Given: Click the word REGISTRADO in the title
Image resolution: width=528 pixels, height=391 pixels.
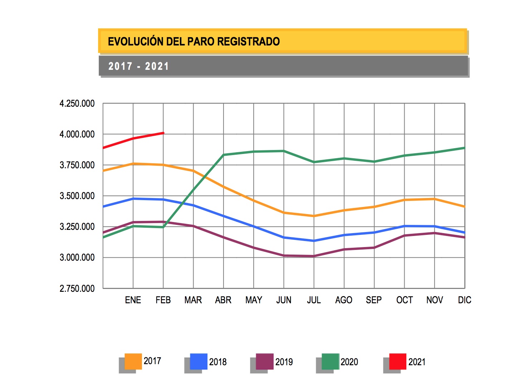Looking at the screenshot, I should [248, 42].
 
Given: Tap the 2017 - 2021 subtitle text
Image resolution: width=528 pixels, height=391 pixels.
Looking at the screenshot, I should [138, 66].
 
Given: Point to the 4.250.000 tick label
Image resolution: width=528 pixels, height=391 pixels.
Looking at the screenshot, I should [77, 104].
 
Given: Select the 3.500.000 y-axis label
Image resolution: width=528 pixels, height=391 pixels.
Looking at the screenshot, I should [77, 196].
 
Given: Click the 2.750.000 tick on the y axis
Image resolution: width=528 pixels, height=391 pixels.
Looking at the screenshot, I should [77, 289].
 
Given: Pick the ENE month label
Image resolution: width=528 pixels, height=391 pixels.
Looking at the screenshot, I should [133, 300].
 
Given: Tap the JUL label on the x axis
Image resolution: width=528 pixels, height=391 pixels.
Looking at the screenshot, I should [314, 300].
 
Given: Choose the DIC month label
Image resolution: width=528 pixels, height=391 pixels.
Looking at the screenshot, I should [464, 300].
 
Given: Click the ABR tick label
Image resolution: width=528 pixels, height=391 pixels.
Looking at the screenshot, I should [223, 300].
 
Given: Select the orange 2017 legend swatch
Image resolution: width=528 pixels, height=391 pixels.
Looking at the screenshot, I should [133, 361].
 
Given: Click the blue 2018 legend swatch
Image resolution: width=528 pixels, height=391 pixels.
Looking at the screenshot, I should [199, 361].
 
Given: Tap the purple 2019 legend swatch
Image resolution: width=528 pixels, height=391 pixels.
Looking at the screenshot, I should [265, 361].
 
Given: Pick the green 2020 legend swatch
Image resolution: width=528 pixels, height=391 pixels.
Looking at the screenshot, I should [330, 361].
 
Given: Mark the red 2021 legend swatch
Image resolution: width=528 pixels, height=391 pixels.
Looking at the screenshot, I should [397, 361].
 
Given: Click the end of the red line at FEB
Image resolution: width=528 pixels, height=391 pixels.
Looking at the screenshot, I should [163, 133].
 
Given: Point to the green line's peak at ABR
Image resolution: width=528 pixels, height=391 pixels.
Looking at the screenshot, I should [224, 155].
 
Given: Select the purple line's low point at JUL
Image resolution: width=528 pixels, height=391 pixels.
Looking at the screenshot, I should [314, 256].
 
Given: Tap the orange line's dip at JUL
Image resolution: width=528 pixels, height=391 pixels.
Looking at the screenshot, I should [314, 216].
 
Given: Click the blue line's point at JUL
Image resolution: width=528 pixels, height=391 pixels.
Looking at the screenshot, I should [314, 241].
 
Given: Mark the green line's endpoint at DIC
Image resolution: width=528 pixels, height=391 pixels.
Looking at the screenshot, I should [464, 148].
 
